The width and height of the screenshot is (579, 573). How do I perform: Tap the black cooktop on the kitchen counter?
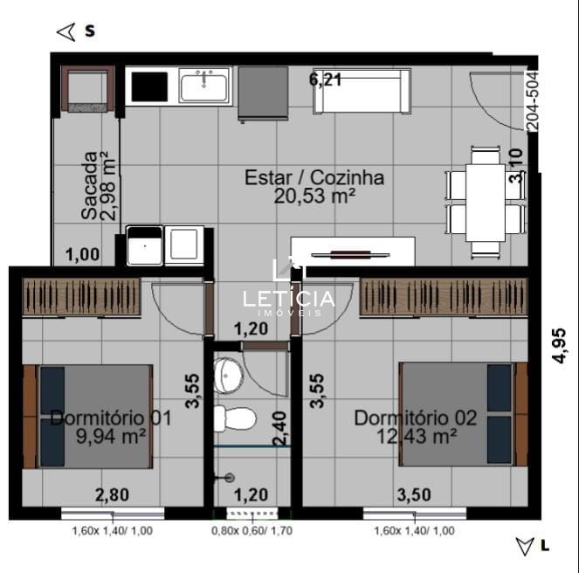click(149, 86)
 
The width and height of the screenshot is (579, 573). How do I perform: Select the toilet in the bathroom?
click(235, 419)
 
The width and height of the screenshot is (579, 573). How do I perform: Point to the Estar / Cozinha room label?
click(314, 177)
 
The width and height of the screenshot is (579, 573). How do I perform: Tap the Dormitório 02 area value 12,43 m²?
click(417, 437)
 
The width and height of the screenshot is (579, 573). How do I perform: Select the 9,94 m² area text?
click(111, 437)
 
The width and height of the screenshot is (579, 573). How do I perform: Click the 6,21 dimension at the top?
click(326, 79)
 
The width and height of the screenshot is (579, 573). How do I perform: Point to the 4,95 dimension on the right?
click(559, 346)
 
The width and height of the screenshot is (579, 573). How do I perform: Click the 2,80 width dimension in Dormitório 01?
click(113, 495)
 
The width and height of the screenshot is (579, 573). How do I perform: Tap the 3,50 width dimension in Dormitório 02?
click(414, 495)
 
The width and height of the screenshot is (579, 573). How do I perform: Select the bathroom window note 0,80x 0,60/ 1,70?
click(252, 531)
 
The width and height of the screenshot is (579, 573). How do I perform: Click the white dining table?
click(486, 203)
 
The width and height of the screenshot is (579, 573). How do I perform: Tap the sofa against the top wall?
click(362, 91)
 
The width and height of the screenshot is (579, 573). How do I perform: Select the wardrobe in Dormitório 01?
click(81, 297)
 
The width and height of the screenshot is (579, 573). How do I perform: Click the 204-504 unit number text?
click(534, 100)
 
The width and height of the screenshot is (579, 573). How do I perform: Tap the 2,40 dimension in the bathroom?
click(279, 428)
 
